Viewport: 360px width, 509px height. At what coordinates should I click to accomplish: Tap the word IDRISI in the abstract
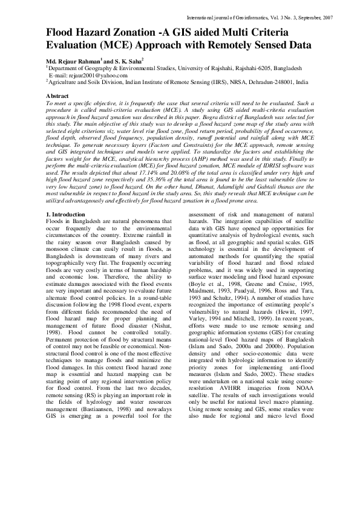pos(252,167)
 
